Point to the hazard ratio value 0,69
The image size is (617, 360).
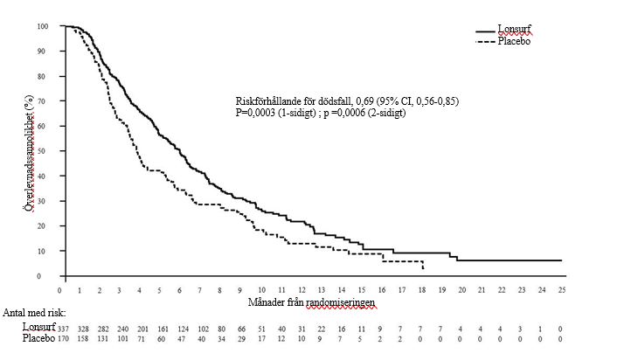[x=366, y=102]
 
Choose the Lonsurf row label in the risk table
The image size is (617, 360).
[x=38, y=327]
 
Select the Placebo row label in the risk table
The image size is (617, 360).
[x=38, y=337]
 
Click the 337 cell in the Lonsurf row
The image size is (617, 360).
[x=64, y=328]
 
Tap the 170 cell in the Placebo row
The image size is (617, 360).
[x=64, y=338]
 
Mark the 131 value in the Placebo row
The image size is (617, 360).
[x=101, y=338]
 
